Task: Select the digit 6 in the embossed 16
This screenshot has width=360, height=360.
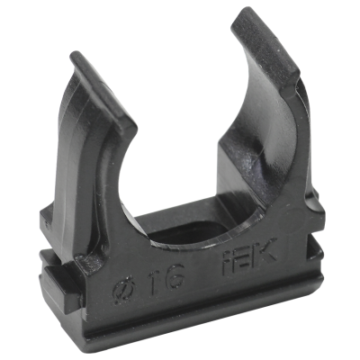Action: (x=173, y=276)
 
